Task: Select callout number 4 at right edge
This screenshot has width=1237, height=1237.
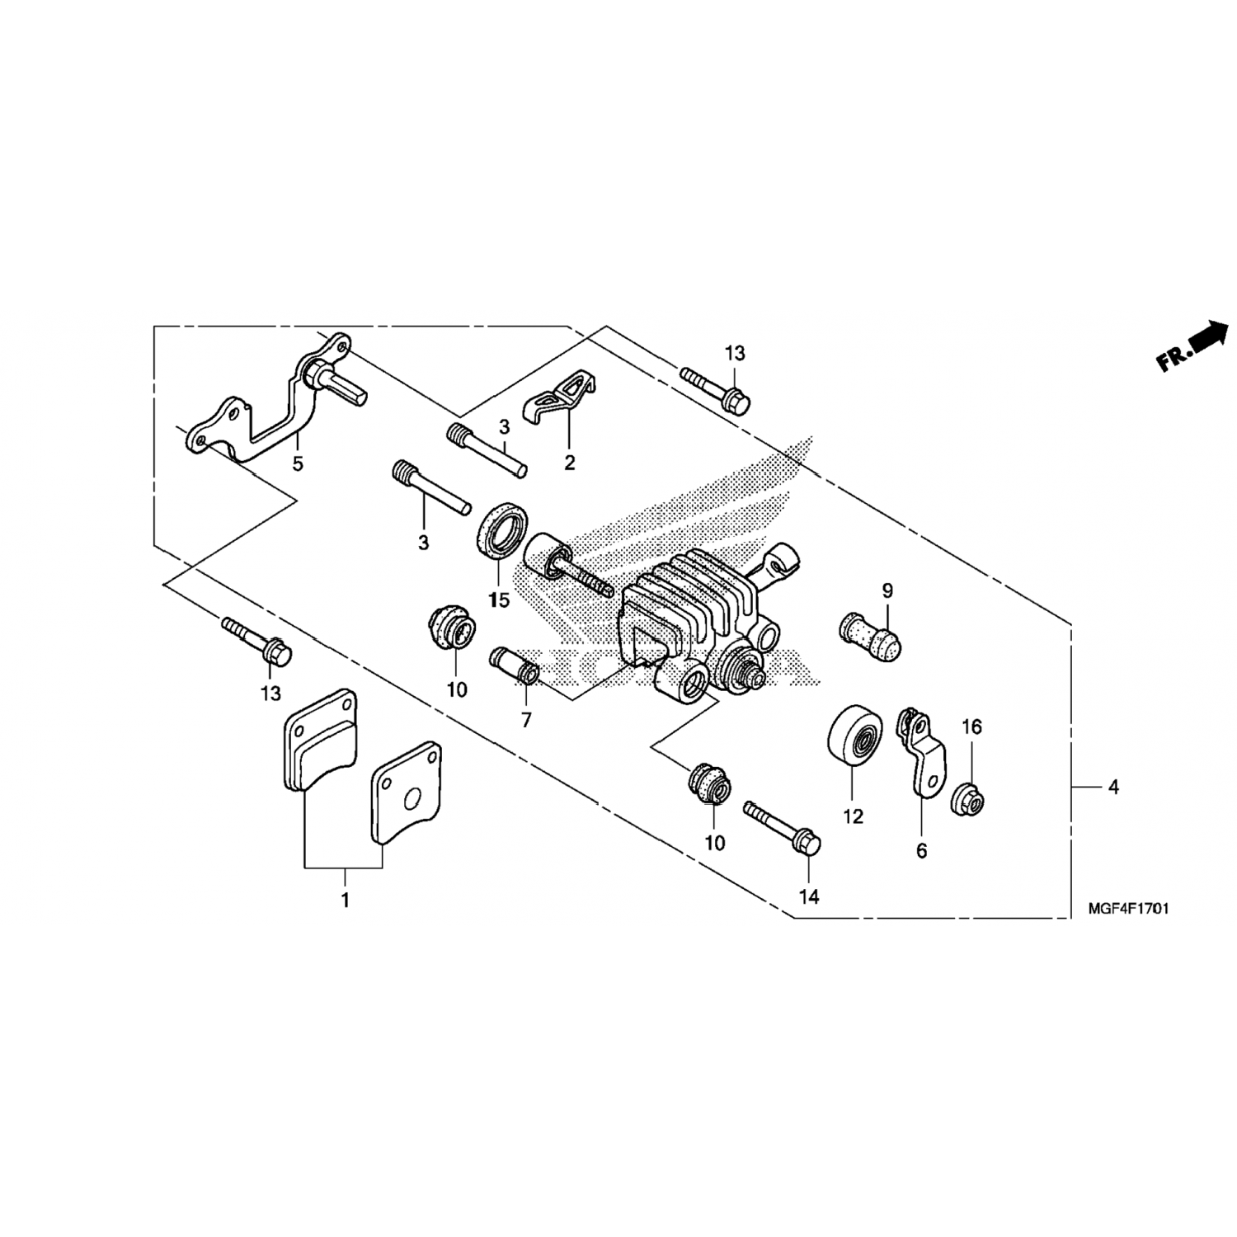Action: (1113, 788)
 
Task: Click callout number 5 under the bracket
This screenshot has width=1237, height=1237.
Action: (298, 463)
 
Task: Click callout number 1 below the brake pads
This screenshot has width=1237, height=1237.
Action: (346, 900)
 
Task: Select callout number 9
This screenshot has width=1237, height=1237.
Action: (887, 590)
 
